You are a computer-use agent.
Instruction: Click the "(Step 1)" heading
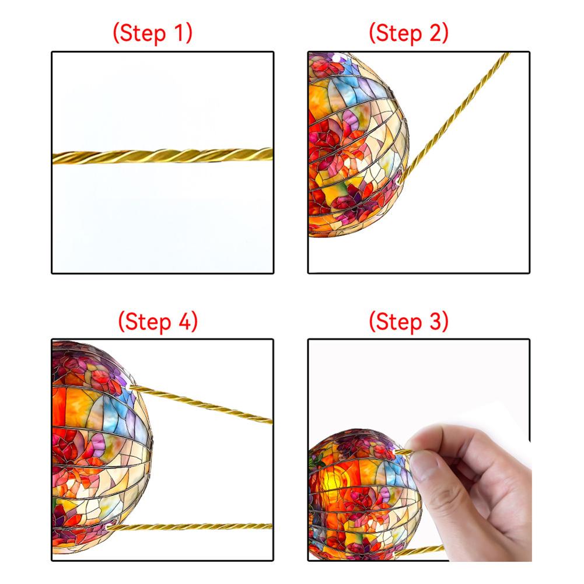pyautogui.click(x=152, y=33)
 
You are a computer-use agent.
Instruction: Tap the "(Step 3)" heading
pyautogui.click(x=408, y=321)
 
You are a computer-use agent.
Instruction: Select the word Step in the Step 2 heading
pyautogui.click(x=399, y=33)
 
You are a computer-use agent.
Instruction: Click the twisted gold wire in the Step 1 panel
pyautogui.click(x=163, y=156)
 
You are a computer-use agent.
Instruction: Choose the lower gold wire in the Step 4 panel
pyautogui.click(x=193, y=526)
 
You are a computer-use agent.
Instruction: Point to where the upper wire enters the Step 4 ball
pyautogui.click(x=130, y=387)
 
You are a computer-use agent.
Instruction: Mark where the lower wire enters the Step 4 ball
pyautogui.click(x=109, y=527)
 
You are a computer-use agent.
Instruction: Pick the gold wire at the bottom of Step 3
pyautogui.click(x=429, y=549)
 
